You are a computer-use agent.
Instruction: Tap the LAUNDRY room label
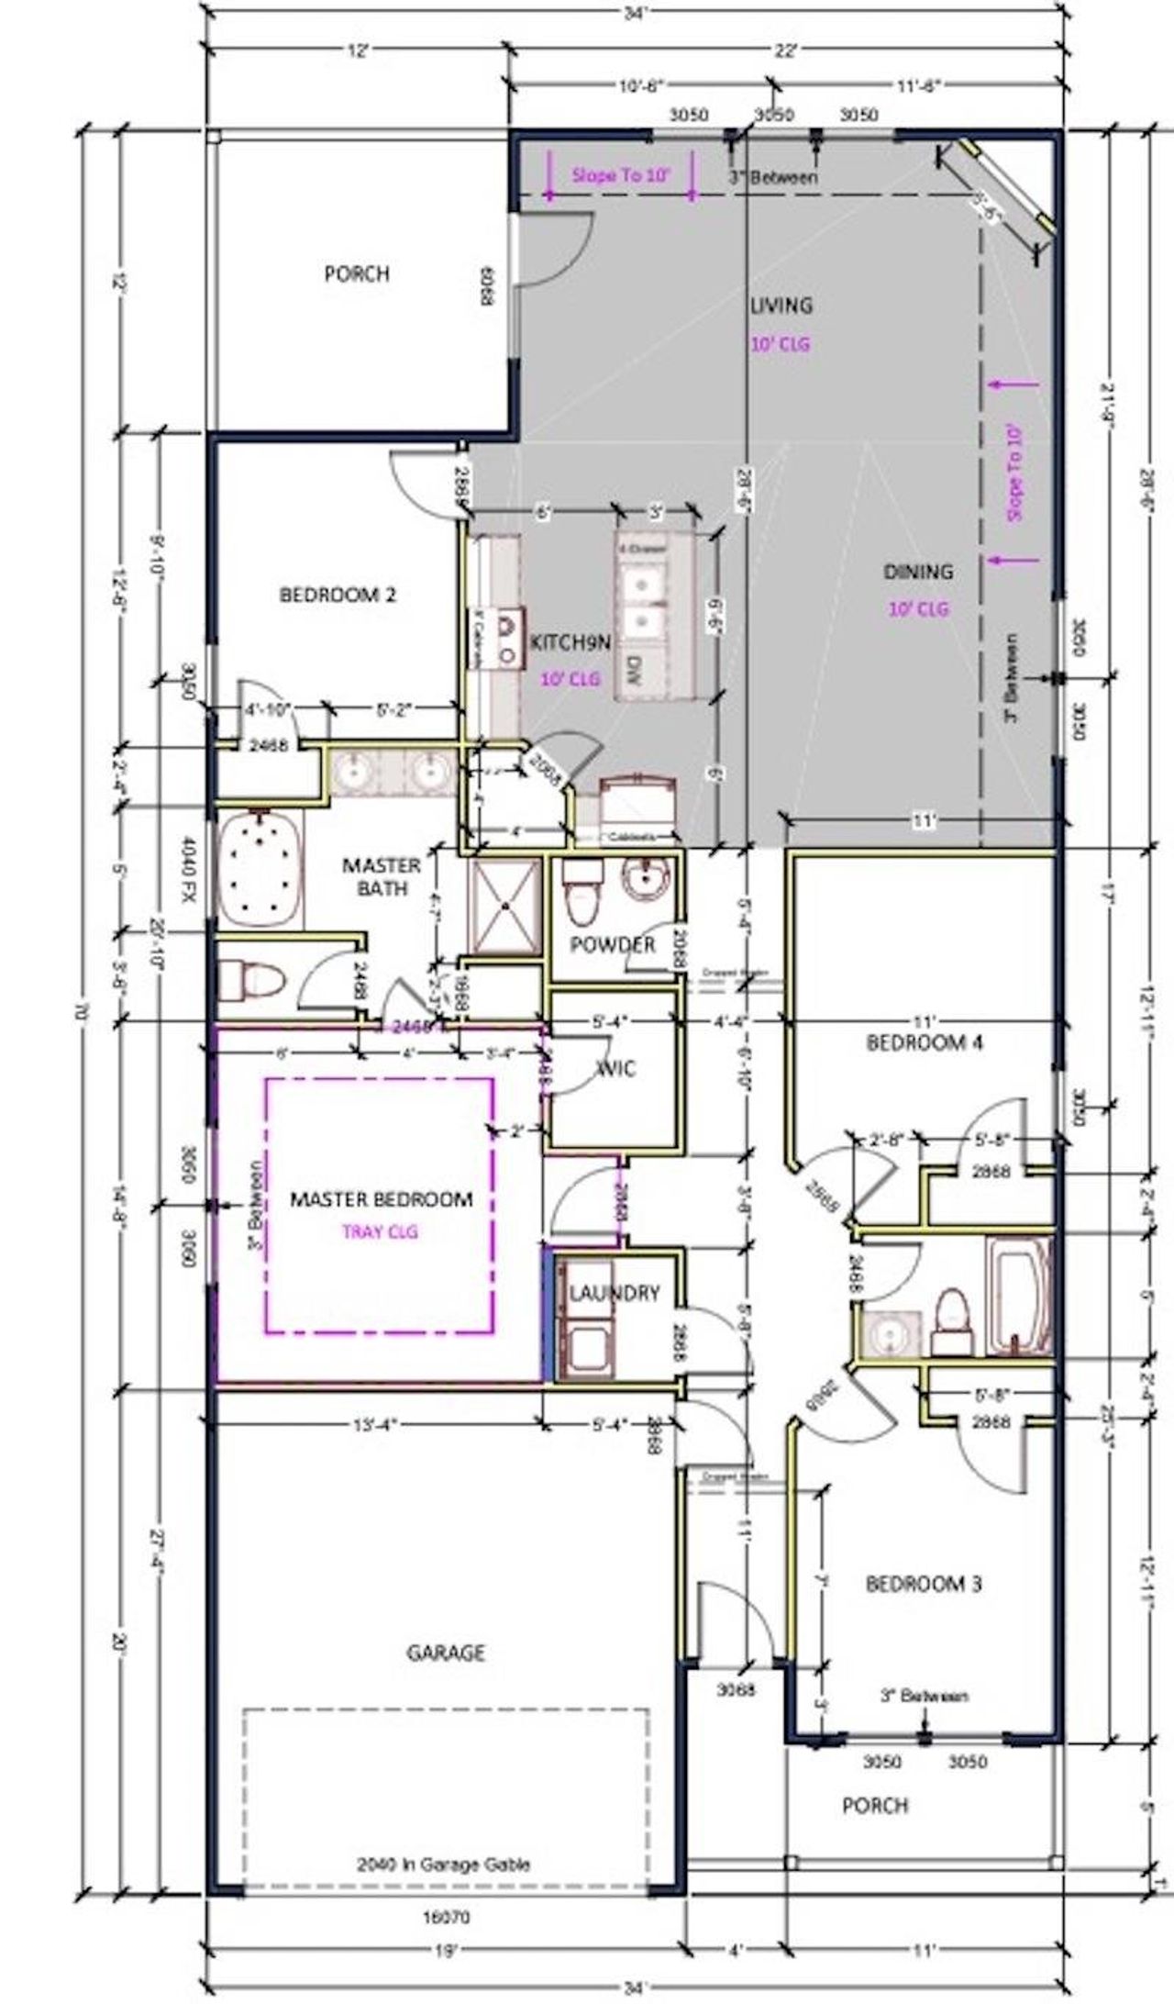coord(615,1294)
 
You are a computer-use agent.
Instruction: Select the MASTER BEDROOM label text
coord(382,1199)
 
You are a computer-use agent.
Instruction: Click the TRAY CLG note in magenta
coord(380,1231)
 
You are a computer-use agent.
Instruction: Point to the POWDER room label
coord(613,944)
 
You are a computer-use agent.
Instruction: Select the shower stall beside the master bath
coord(504,905)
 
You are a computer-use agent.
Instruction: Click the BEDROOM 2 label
coord(338,596)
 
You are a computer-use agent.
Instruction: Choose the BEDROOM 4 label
coord(925,1042)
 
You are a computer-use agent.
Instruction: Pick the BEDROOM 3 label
coord(924,1584)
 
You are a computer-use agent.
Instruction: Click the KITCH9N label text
coord(570,642)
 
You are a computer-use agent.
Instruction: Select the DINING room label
coord(918,572)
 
